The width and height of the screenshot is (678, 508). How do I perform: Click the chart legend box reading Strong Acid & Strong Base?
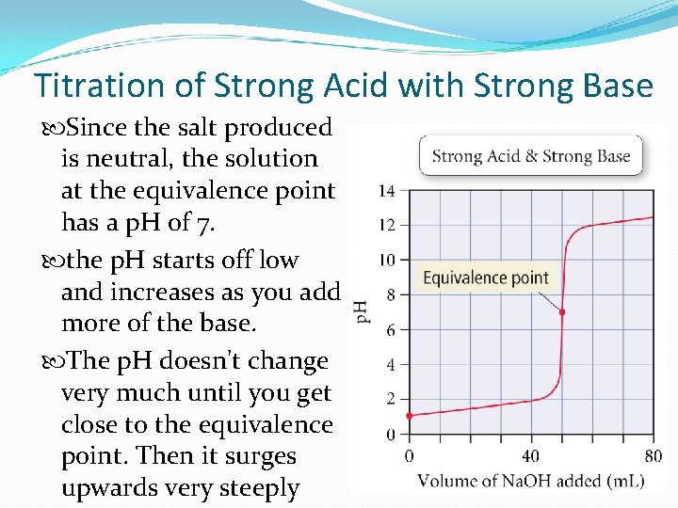coord(531,156)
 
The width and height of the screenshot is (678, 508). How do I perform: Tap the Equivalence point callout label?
coord(486,278)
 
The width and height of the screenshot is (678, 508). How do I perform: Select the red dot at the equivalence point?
coord(562,312)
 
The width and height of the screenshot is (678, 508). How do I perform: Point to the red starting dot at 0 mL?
coord(409,415)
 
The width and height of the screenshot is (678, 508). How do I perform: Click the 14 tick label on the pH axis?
coord(387,191)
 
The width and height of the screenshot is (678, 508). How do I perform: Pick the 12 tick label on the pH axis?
coord(387,226)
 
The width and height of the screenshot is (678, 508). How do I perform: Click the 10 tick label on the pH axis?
coord(387,260)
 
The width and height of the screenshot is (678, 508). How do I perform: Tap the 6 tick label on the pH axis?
coord(391,330)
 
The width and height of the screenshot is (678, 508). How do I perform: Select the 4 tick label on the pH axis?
coord(391,365)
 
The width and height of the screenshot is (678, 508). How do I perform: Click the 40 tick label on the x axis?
coord(531,456)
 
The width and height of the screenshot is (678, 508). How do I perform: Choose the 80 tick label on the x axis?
coord(653,456)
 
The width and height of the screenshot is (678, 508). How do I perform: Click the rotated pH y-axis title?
coord(361,311)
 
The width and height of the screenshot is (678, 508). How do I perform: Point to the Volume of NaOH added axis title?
coord(530,482)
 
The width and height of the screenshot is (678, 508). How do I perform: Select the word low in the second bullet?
coord(280,261)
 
